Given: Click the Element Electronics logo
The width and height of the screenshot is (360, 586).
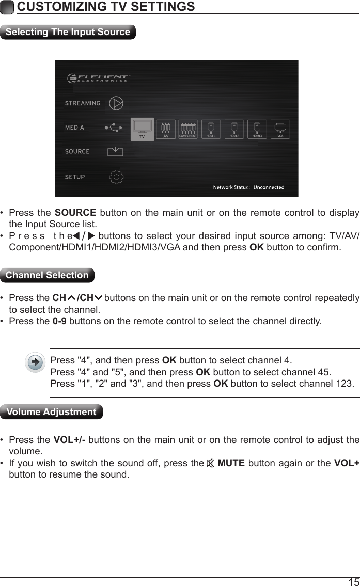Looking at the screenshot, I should coord(98,78).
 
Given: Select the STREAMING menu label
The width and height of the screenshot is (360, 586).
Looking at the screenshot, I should coord(83,103).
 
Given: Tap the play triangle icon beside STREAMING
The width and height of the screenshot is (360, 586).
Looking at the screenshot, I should coord(117,103).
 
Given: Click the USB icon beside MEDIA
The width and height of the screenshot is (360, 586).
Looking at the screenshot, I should coord(114,127).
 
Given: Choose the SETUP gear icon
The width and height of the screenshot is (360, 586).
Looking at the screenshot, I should coord(117,177).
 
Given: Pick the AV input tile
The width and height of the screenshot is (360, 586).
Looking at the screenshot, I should coord(166,129).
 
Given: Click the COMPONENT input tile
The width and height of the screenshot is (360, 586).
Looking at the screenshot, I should coord(189,129).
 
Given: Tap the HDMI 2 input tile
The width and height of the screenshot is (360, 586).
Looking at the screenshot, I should coord(234,129).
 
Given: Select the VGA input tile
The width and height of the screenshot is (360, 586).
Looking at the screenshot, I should coord(280,129).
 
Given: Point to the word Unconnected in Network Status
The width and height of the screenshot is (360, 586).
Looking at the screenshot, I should coord(269,187).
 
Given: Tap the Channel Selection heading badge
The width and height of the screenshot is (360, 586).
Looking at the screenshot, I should coord(48,275).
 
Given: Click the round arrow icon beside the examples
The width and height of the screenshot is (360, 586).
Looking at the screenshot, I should coord(35,362).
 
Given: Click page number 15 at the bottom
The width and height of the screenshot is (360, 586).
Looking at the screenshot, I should coord(353,581).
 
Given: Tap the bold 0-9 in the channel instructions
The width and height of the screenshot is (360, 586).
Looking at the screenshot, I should coord(59,321).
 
